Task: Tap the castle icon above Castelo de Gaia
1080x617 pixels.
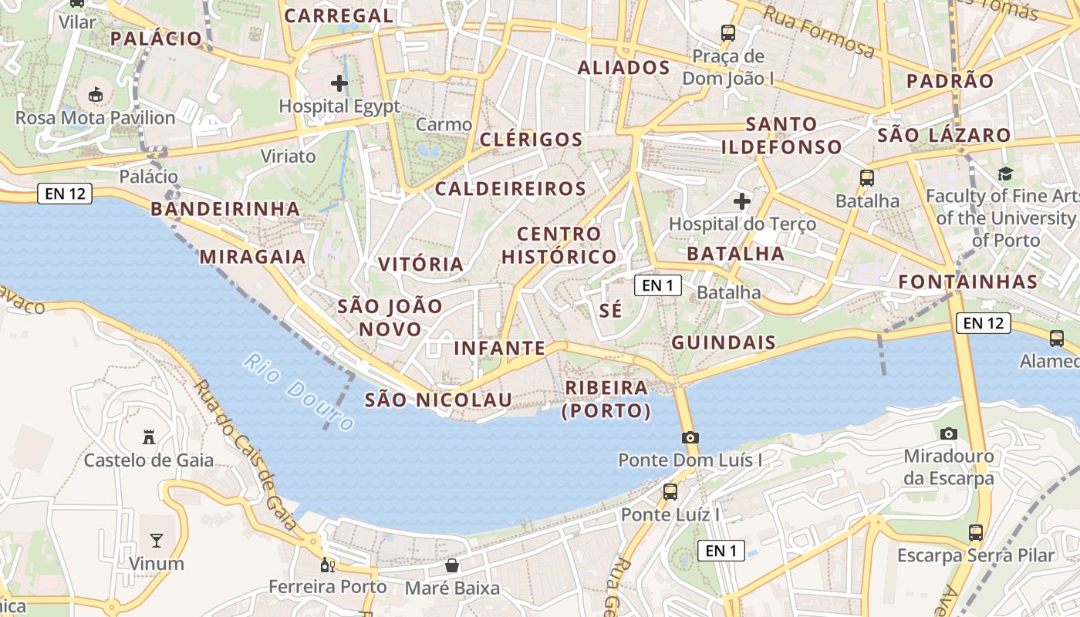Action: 149,437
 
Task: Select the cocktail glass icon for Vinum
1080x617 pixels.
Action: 157,540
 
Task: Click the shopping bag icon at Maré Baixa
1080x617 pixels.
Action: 452,566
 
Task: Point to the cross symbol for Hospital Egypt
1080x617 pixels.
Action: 339,83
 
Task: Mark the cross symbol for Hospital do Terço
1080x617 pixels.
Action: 742,202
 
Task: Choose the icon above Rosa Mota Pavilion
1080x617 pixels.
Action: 96,95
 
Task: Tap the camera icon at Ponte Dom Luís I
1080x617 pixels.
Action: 690,437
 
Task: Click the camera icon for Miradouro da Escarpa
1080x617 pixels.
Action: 949,433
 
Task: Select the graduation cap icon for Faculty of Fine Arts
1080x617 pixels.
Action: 1005,174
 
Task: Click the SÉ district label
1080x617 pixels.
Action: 610,311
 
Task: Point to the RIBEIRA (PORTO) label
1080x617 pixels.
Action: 606,400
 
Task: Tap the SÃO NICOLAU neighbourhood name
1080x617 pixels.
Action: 438,400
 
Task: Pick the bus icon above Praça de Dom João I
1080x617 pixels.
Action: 728,32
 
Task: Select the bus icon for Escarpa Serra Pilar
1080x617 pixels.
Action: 976,532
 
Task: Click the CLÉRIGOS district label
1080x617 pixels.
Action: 531,140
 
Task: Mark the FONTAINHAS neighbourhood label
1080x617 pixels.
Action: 968,282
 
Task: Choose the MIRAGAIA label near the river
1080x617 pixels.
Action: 253,257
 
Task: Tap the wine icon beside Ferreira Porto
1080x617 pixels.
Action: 328,565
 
